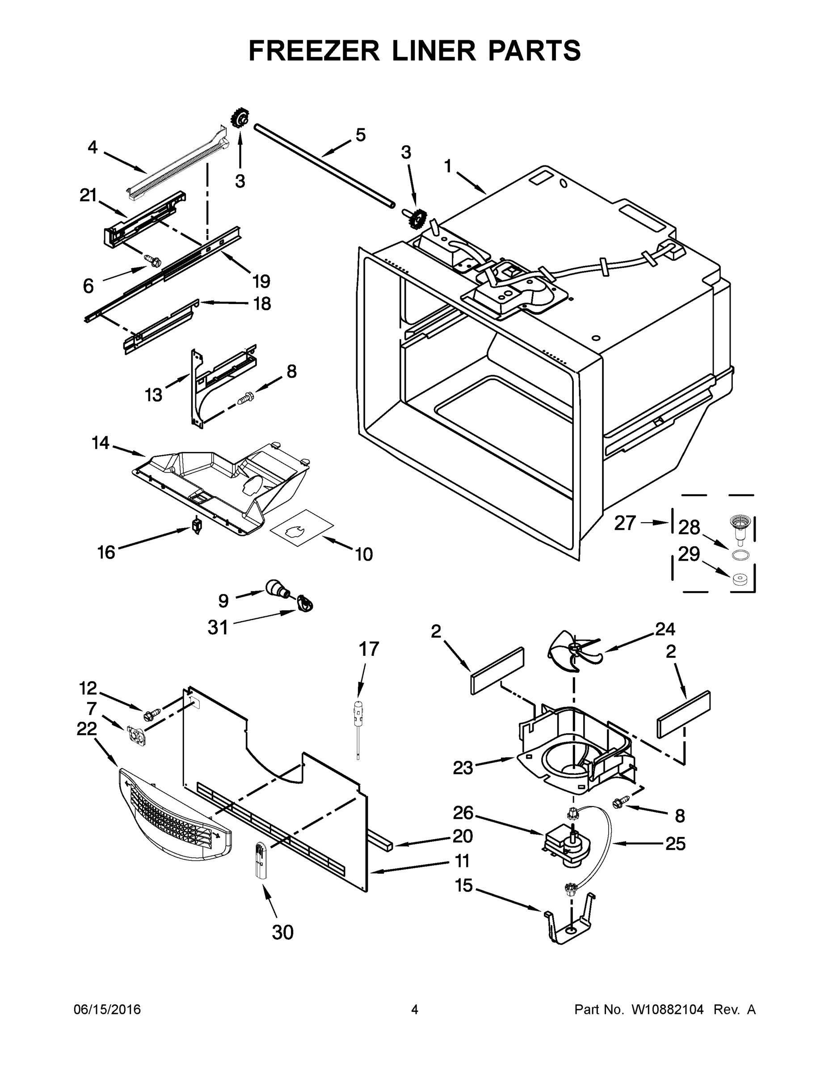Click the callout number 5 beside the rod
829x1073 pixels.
click(361, 135)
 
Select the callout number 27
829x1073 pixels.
click(625, 523)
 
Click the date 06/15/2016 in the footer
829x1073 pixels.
click(107, 1010)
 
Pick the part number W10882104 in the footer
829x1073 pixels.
click(667, 1010)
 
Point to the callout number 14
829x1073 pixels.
click(100, 443)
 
